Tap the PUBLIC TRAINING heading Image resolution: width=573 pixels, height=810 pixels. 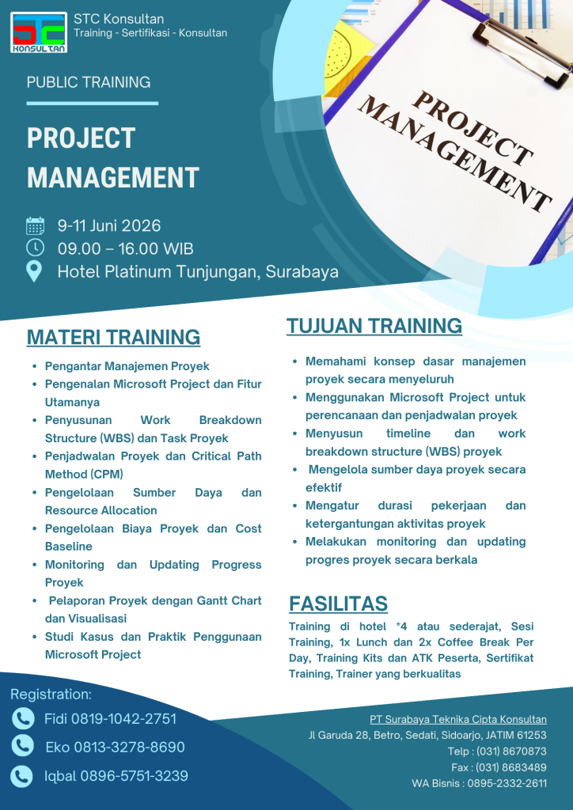coord(89,82)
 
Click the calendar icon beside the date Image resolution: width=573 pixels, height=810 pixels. coord(35,226)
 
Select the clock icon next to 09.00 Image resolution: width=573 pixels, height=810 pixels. coord(35,248)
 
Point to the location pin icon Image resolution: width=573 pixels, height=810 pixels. coord(35,271)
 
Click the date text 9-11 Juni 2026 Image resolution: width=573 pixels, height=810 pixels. coord(108,226)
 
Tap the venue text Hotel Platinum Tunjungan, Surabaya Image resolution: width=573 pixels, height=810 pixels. coord(198,271)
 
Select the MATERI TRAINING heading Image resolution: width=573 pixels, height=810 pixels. coord(113,337)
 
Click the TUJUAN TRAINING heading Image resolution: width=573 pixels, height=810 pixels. coord(374,326)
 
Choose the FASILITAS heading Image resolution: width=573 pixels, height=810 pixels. coord(338,604)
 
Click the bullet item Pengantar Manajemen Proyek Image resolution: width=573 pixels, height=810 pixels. coord(127,366)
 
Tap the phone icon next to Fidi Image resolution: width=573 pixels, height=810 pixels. coord(23,718)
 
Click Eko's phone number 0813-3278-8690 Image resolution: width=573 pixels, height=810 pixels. coord(129,748)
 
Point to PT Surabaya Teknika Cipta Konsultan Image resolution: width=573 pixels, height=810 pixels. coord(457,719)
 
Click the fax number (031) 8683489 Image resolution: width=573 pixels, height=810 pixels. coord(510,767)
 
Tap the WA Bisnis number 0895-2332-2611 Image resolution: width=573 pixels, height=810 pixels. coord(507,783)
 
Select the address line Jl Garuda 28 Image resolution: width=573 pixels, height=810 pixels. coord(427,735)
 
